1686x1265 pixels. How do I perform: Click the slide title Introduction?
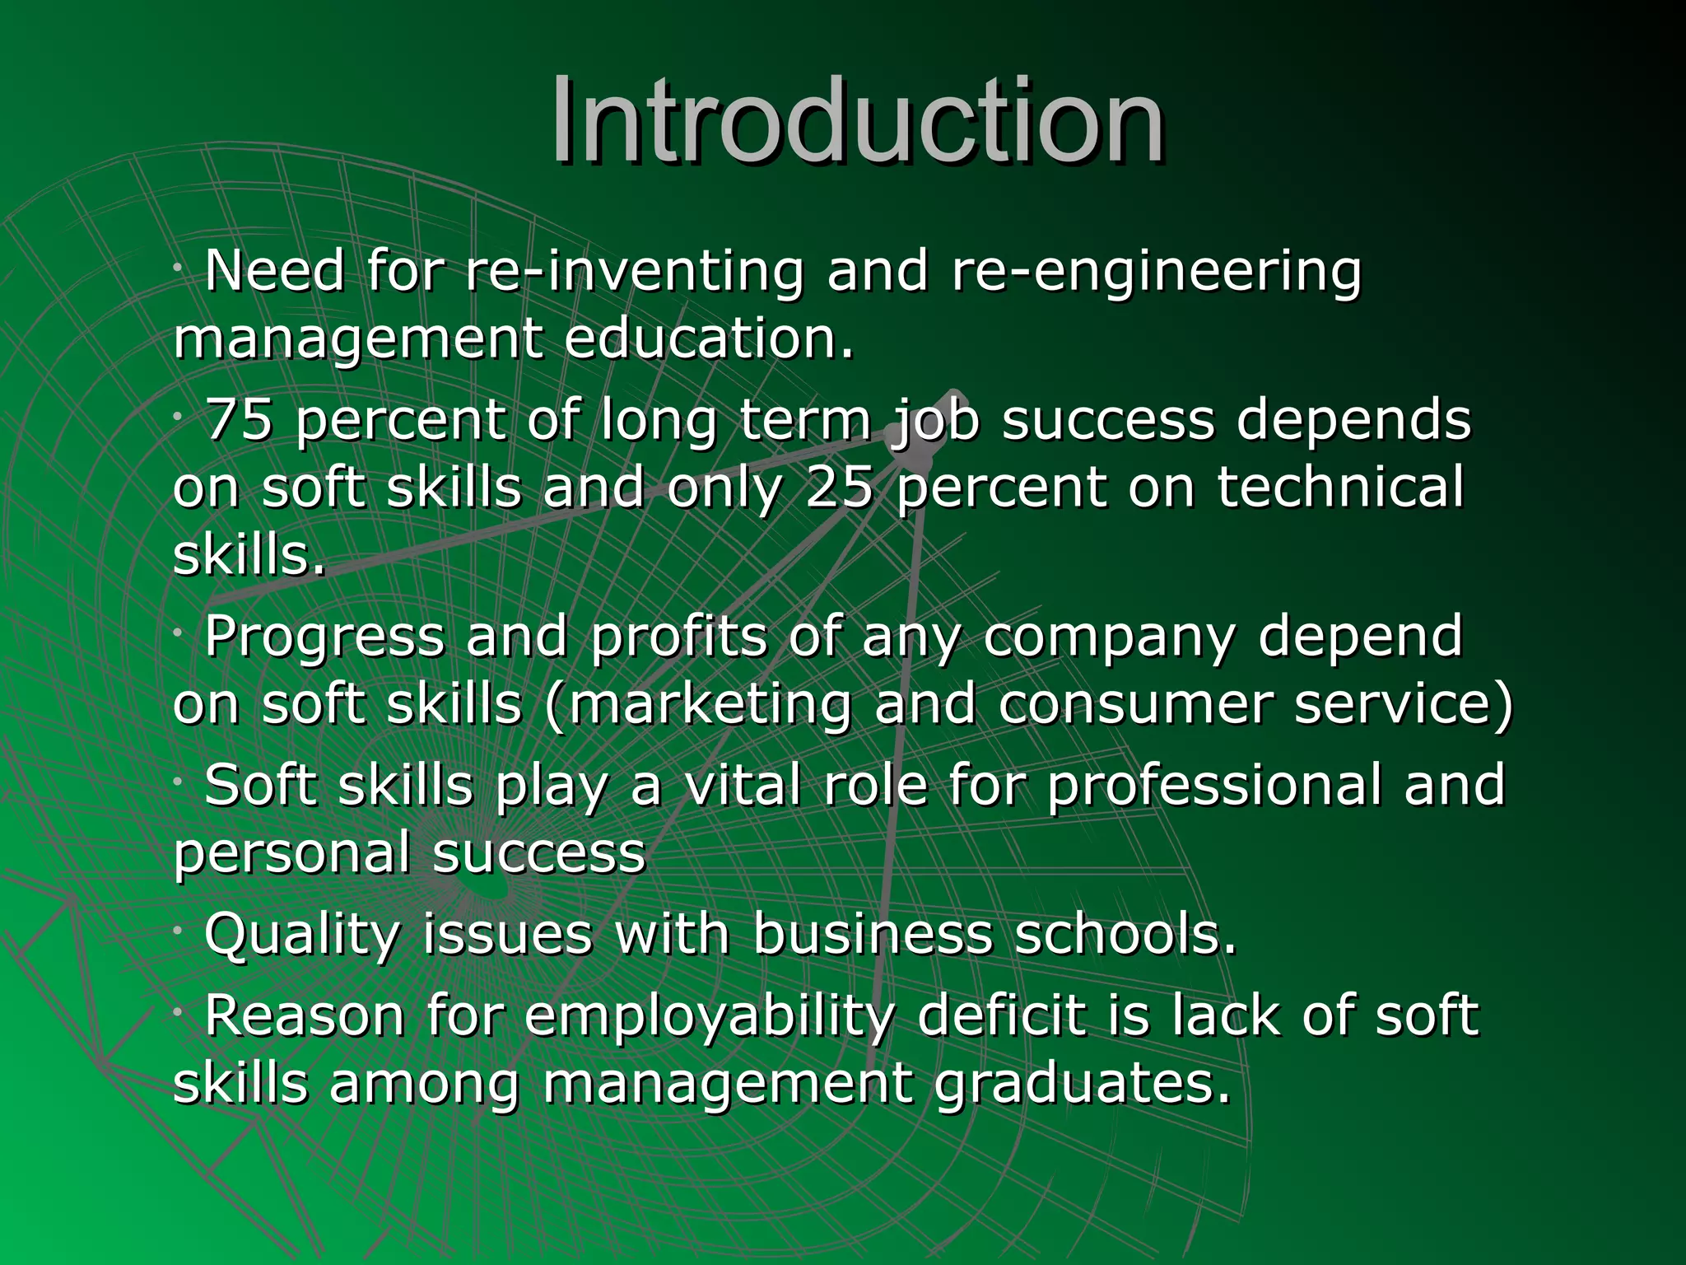857,121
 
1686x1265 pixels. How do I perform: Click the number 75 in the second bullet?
238,420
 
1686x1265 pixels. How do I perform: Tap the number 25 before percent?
839,488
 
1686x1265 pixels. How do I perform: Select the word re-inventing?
634,272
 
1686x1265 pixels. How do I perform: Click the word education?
709,338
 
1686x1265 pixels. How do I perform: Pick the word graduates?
1082,1084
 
